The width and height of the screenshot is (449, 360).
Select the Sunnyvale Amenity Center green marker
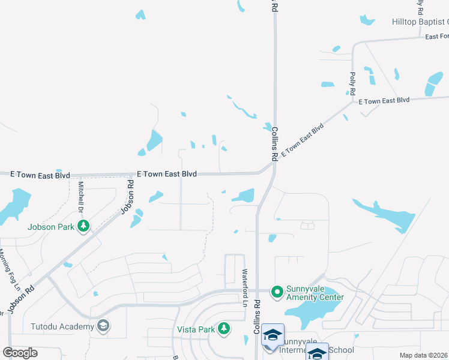point(277,292)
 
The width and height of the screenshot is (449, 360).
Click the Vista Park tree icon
point(224,328)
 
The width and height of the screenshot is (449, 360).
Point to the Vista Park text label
point(196,329)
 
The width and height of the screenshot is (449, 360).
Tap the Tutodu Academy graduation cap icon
point(103,326)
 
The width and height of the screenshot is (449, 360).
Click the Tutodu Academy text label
point(62,326)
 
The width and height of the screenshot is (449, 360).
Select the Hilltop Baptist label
point(420,22)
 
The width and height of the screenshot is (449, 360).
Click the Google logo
point(20,353)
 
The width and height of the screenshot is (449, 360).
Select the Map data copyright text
point(423,355)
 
